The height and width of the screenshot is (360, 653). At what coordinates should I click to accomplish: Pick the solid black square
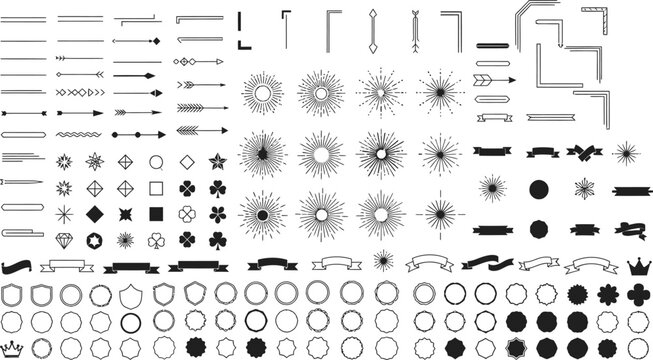[155, 212]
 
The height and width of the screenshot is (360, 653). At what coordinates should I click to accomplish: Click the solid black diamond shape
[94, 212]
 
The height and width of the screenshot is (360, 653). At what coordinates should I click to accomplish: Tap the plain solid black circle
[537, 189]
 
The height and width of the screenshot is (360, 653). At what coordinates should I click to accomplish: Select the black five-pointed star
[216, 160]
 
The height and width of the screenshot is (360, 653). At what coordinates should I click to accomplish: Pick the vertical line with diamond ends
[371, 31]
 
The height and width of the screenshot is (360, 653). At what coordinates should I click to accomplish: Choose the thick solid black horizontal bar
[493, 45]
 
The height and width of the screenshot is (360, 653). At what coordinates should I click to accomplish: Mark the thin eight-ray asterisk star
[63, 212]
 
